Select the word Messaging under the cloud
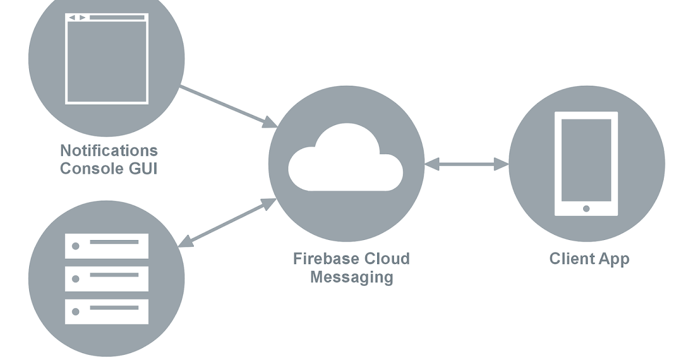[x=352, y=277]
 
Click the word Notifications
[x=109, y=150]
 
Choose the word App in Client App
[x=615, y=259]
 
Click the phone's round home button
[x=586, y=209]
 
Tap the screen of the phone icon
[x=586, y=159]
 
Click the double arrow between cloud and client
[x=466, y=165]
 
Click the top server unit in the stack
[x=106, y=246]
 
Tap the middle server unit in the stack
[x=106, y=279]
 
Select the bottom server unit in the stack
[x=106, y=311]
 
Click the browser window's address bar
[x=117, y=18]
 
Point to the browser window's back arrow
[x=72, y=18]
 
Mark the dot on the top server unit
[x=75, y=246]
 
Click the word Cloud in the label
[x=386, y=258]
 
